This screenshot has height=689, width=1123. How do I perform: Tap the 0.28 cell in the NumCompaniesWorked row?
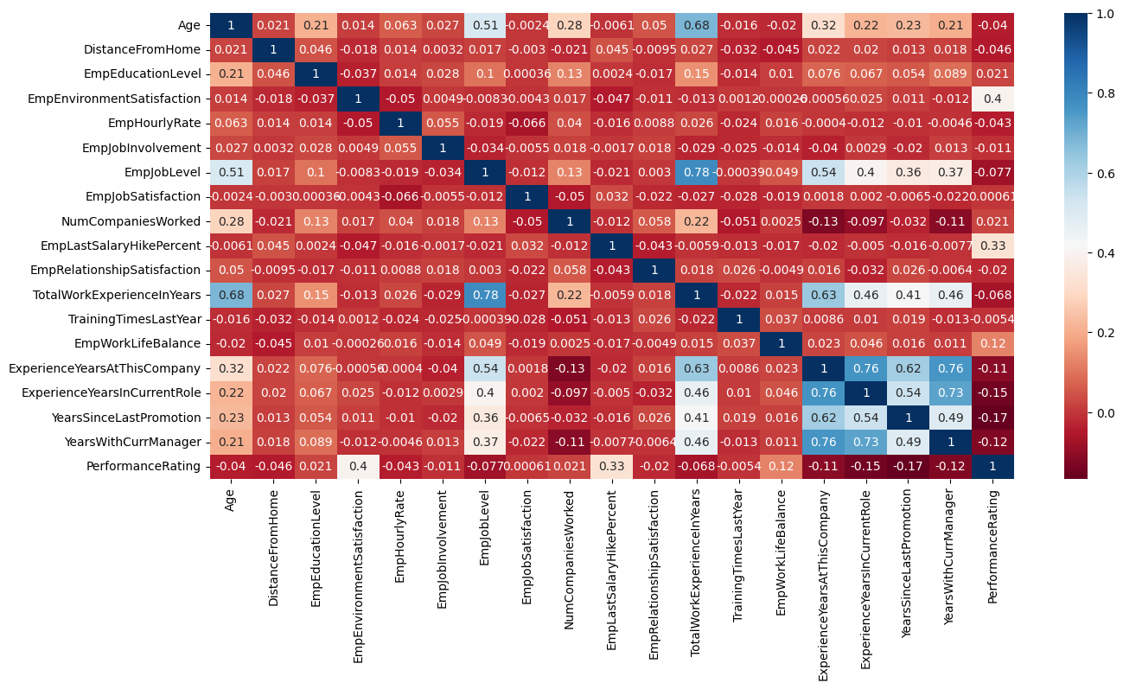coord(230,220)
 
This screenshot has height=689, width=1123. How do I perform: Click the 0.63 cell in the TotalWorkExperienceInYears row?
coord(823,294)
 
